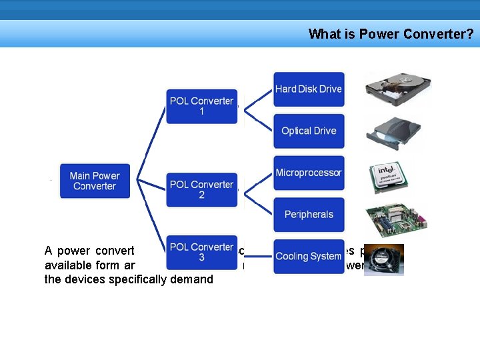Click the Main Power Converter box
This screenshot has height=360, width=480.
tap(94, 181)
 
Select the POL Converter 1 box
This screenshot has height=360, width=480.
tap(201, 106)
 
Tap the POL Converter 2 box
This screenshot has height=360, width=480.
tap(201, 189)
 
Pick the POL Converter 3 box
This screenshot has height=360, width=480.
tap(201, 252)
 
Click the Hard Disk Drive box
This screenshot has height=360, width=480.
tap(309, 89)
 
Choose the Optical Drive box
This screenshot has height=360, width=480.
tap(309, 131)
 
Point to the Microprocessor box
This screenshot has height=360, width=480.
tap(309, 173)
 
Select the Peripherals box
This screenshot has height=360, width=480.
tap(309, 215)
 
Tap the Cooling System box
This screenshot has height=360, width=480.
tap(309, 256)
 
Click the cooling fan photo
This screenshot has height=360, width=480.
tap(383, 260)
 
